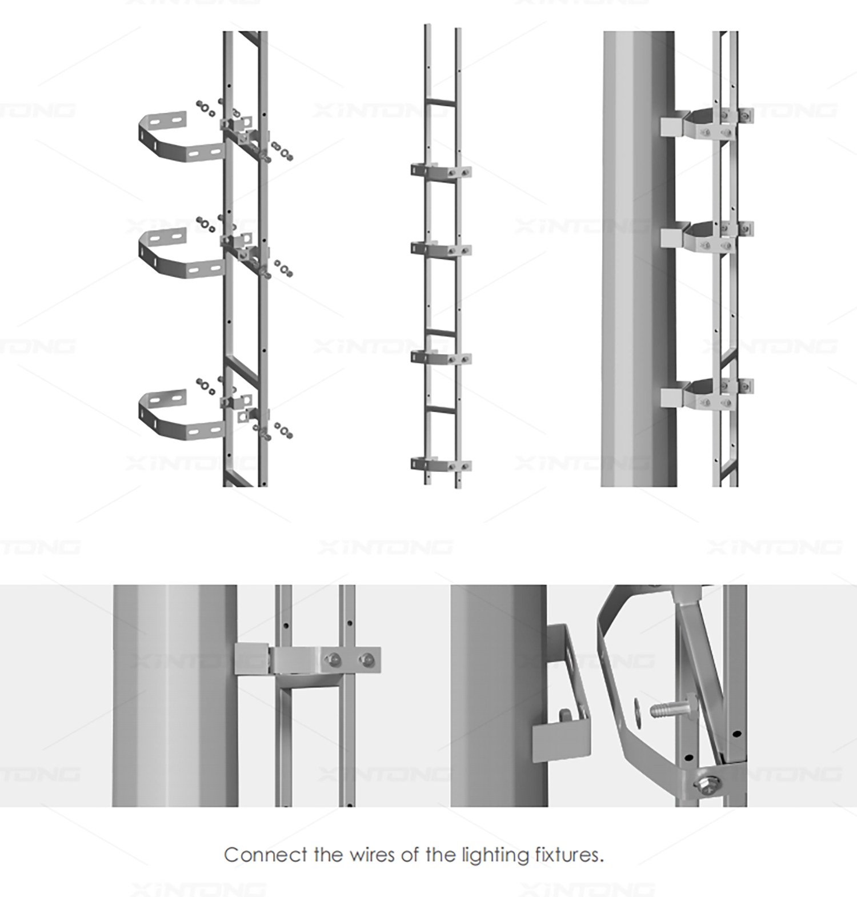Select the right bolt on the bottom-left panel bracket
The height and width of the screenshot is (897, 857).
[366, 660]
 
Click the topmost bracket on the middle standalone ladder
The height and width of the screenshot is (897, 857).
[440, 171]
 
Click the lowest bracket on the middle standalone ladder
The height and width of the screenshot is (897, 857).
[440, 464]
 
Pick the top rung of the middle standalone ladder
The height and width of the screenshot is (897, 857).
[441, 102]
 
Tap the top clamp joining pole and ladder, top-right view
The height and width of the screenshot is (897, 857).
[706, 123]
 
